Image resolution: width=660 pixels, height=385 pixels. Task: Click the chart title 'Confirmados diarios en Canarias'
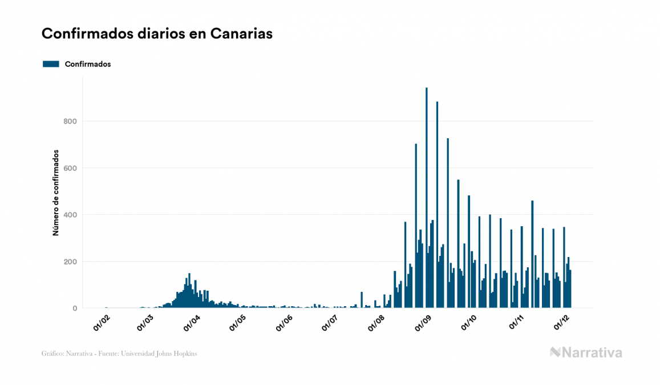(157, 34)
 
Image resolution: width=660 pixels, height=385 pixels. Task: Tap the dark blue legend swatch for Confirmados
(51, 64)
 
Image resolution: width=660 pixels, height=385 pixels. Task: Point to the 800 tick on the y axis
(70, 121)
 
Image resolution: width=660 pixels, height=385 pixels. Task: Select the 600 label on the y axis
(70, 168)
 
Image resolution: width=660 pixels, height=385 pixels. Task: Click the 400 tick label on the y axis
(70, 215)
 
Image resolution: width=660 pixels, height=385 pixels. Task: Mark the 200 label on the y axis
(70, 262)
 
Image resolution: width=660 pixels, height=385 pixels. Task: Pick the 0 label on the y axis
(75, 308)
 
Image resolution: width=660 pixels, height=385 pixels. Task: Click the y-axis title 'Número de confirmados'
(56, 193)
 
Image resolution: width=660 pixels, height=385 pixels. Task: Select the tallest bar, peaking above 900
(426, 200)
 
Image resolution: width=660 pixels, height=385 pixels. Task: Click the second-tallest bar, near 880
(437, 206)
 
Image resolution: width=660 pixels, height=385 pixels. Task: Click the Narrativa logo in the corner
(586, 352)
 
